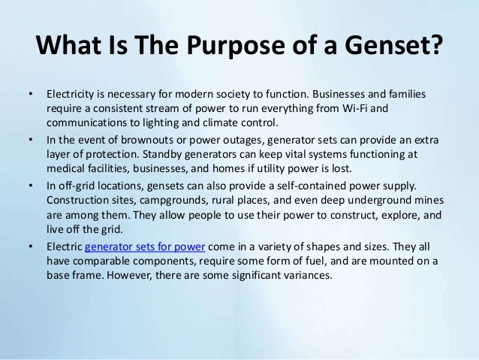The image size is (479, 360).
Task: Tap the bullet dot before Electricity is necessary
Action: pos(31,96)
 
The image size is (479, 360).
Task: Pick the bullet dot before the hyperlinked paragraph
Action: pos(31,247)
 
